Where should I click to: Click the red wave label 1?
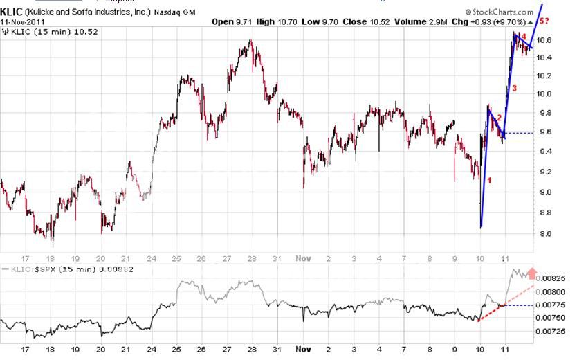(490, 181)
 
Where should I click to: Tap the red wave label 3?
(514, 88)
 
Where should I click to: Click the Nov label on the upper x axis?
(302, 258)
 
